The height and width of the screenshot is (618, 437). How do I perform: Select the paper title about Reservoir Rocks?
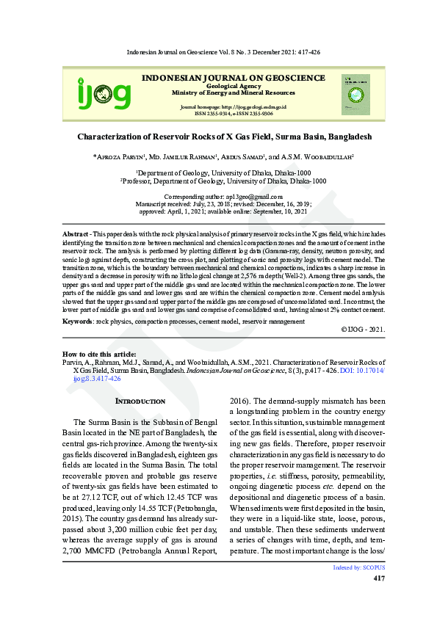tap(224, 137)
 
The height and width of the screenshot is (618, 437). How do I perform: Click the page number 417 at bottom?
tap(379, 579)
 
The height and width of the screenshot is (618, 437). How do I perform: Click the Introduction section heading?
tap(141, 401)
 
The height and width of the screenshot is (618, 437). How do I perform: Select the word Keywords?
tap(77, 321)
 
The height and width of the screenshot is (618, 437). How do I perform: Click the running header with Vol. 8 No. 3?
tap(223, 53)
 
